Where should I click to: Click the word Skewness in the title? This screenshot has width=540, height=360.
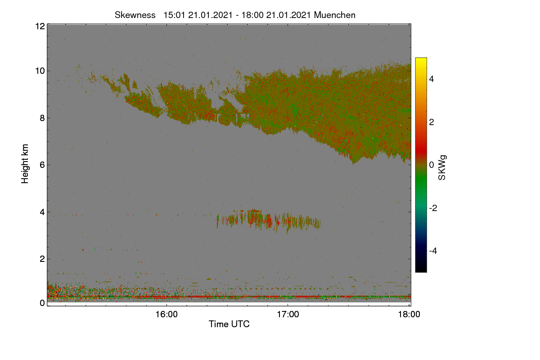coord(135,15)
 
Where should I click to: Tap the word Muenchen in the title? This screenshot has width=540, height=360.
coord(335,15)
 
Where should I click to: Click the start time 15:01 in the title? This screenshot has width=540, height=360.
coord(174,15)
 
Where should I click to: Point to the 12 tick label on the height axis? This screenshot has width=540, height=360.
coord(40,26)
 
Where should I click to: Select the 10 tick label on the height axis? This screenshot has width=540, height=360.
coord(40,71)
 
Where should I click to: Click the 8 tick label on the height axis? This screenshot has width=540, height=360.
coord(42,118)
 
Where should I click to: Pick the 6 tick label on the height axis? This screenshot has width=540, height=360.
coord(42,165)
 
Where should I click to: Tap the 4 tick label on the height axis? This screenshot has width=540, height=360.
coord(42,212)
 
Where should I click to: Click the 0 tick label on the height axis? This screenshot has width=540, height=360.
coord(42,303)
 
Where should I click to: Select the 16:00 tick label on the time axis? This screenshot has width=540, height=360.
coord(166,315)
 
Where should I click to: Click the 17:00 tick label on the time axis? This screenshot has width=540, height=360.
coord(288,315)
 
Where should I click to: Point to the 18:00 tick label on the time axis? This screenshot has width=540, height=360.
coord(409,315)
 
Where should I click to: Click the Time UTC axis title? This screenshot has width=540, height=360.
coord(229,324)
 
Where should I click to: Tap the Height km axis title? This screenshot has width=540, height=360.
coord(25,164)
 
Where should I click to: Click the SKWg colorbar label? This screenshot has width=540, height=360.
coord(442,167)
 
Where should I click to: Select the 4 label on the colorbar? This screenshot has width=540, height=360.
coord(432,79)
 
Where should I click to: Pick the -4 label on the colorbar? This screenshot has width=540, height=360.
coord(433,251)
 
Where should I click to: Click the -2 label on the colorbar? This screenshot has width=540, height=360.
coord(433,208)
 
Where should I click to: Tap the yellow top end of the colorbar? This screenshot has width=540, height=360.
coord(421,58)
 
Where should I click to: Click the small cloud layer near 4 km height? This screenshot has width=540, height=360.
coord(269,220)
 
